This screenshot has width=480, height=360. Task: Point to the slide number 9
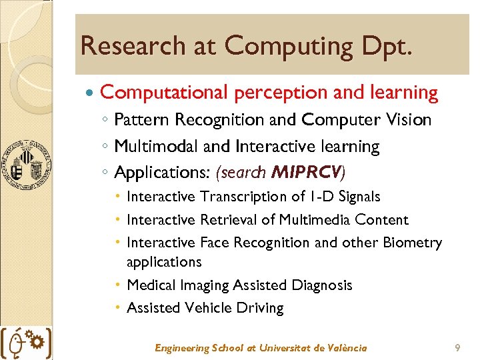[457, 347]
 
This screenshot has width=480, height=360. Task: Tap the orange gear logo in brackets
[26, 343]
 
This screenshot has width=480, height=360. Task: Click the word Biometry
[412, 242]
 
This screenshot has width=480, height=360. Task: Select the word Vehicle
[204, 308]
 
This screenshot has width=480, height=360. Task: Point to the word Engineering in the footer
[182, 348]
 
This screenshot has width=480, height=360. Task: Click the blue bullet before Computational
[91, 93]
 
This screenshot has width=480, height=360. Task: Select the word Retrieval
[227, 219]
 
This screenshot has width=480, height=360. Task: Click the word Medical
[151, 285]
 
